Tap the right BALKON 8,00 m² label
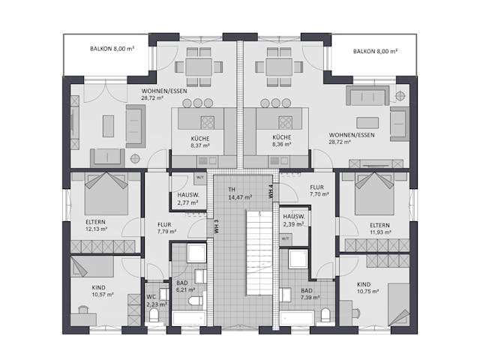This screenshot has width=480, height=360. pyautogui.click(x=374, y=52)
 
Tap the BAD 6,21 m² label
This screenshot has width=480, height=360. pyautogui.click(x=184, y=285)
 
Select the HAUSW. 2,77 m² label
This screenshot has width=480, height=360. pyautogui.click(x=188, y=198)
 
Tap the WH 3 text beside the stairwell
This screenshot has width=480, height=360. pyautogui.click(x=216, y=226)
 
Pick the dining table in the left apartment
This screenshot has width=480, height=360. pyautogui.click(x=199, y=66)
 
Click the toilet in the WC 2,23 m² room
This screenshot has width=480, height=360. pyautogui.click(x=154, y=316)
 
